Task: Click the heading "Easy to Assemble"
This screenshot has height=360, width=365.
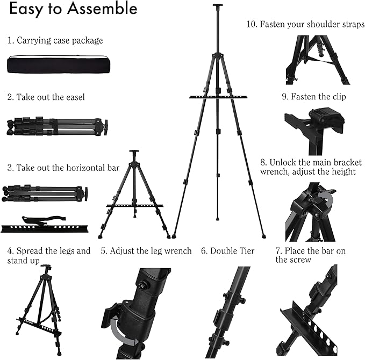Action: pos(73,9)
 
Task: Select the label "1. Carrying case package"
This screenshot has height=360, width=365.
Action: pos(55,40)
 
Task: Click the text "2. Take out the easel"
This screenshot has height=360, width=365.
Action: pos(46,97)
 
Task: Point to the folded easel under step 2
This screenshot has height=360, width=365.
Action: pos(57,127)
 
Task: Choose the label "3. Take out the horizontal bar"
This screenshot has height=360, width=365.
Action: pos(63,168)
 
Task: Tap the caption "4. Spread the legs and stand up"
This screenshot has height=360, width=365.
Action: pos(49,255)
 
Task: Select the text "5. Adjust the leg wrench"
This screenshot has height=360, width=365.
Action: pos(146,251)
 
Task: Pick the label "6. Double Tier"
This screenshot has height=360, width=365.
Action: pos(228,251)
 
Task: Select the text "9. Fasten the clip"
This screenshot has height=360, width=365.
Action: pos(314,97)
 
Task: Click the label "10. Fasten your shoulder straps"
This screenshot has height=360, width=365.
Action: pos(305,25)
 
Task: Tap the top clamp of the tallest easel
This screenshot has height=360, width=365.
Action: pos(217,8)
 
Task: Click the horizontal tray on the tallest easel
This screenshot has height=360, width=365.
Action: pos(217,97)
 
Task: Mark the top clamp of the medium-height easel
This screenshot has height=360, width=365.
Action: pos(133,153)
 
